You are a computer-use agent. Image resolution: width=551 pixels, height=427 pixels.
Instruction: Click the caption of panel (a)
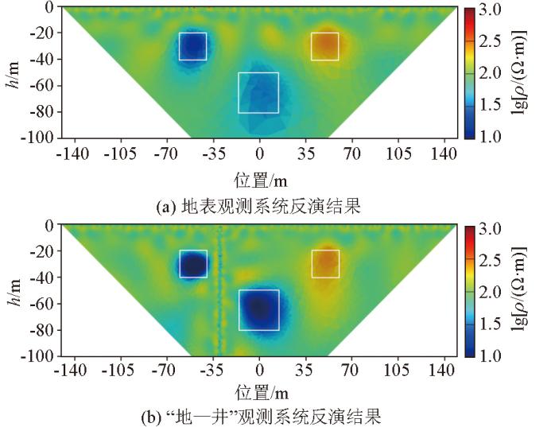[258, 208]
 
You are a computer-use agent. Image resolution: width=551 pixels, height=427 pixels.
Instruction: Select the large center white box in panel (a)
[258, 92]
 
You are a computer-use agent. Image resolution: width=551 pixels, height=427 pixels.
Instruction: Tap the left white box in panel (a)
[192, 46]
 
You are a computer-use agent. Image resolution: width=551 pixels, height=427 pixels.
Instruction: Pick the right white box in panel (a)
[324, 46]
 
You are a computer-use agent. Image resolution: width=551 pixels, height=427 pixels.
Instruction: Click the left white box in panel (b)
[192, 264]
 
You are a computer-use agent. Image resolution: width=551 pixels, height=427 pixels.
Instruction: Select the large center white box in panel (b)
[258, 309]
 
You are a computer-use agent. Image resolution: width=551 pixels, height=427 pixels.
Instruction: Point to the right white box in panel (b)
[325, 264]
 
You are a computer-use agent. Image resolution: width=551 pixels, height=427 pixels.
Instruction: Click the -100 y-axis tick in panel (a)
[37, 138]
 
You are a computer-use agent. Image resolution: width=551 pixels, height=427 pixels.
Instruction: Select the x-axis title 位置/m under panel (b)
[258, 391]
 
